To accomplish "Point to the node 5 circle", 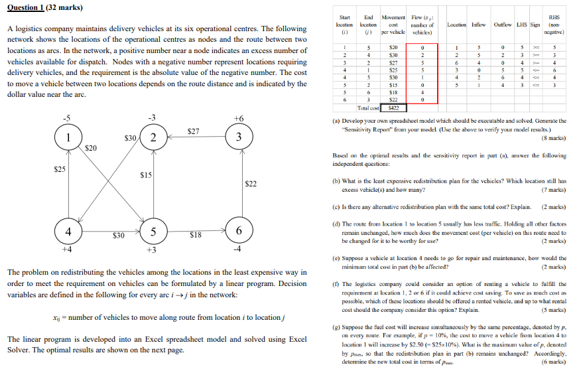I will click(153, 231).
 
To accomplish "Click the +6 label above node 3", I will click(239, 118).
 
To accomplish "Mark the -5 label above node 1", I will click(66, 118).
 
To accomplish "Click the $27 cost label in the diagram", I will click(193, 131).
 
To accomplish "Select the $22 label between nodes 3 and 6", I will click(251, 183).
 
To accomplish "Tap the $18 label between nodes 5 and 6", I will click(196, 234).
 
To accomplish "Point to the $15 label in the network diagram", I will click(146, 175).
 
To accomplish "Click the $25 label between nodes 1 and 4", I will click(60, 170).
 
